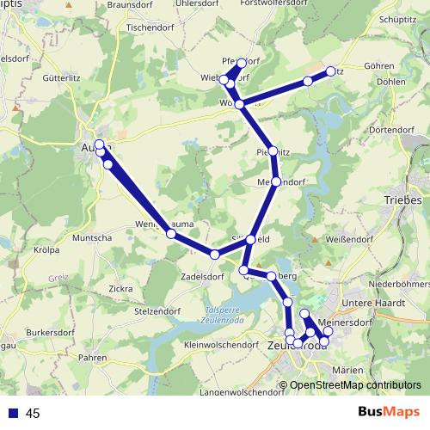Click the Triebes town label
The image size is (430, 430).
(x=404, y=200)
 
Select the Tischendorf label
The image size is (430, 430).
(x=151, y=27)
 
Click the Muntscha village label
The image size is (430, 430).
(x=94, y=237)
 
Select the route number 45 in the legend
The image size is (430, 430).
(x=32, y=413)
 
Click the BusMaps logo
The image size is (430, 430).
(x=390, y=412)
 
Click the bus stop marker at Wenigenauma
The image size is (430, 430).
(x=171, y=233)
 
